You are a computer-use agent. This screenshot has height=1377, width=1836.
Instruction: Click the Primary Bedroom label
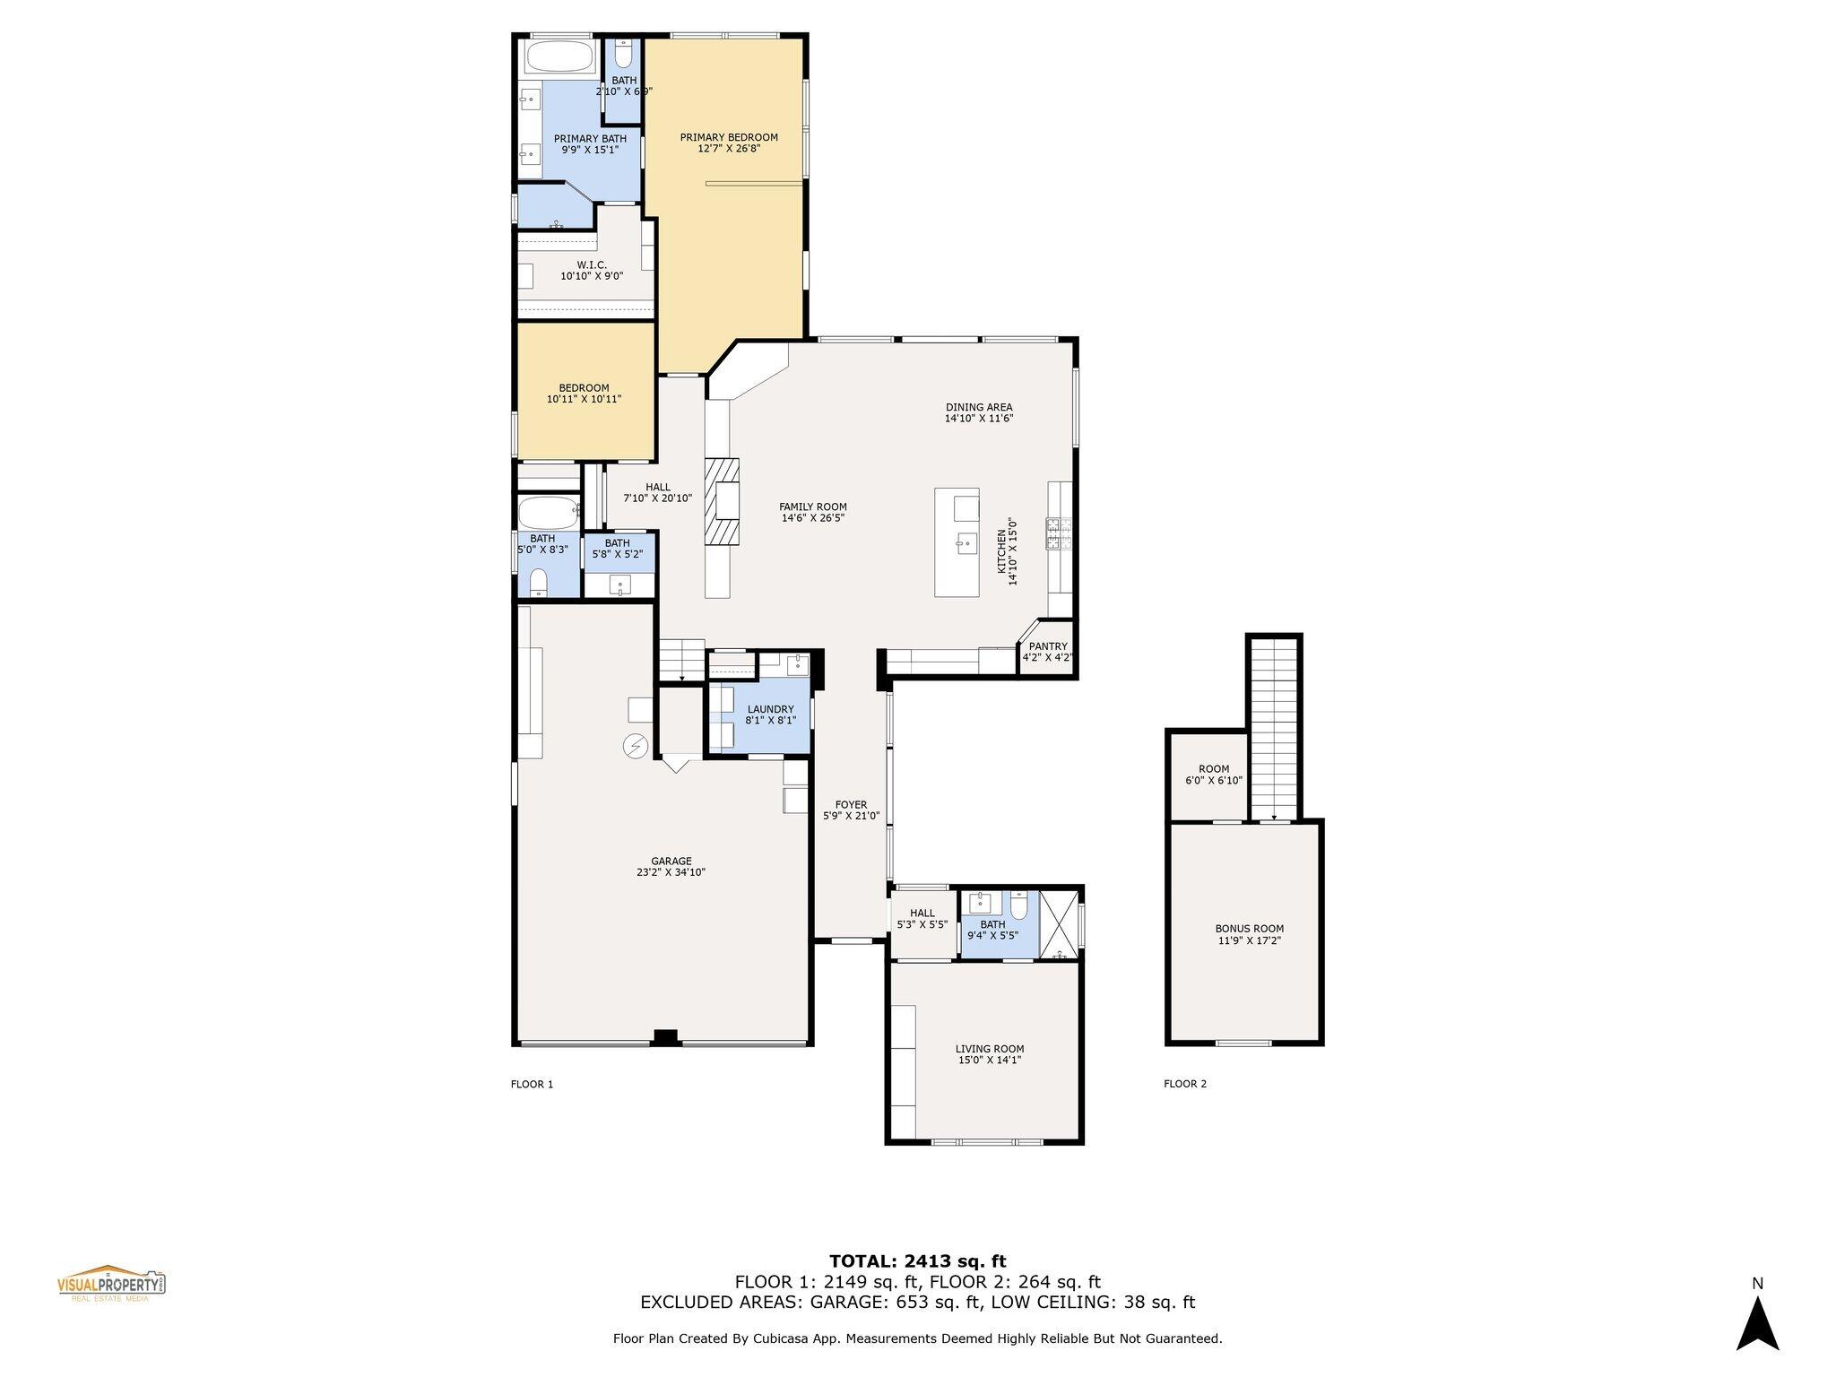tap(728, 138)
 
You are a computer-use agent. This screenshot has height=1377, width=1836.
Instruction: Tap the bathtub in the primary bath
tap(560, 58)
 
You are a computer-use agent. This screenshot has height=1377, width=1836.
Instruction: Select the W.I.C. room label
tap(592, 265)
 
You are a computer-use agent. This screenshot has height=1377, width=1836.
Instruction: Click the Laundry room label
tap(770, 709)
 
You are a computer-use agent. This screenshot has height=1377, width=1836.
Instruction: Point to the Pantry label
tap(1048, 646)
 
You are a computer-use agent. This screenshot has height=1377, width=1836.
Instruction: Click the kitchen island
tap(957, 541)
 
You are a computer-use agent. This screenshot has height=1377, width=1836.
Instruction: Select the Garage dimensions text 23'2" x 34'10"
tap(671, 872)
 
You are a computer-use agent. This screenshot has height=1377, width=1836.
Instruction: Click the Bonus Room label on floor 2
tap(1249, 929)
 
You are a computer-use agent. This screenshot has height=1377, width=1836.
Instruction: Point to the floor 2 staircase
tap(1274, 726)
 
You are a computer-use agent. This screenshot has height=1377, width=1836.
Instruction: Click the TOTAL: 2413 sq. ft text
tap(917, 1261)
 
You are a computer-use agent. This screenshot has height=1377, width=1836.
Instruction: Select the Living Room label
tap(989, 1049)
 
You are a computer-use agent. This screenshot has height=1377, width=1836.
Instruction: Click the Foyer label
tap(851, 805)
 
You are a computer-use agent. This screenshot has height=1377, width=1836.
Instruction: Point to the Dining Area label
tap(978, 407)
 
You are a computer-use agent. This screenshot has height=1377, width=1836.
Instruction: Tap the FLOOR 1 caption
tap(532, 1084)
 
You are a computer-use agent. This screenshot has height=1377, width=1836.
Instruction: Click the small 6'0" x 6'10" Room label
tap(1214, 769)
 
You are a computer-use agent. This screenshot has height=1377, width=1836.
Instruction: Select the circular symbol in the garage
tap(636, 746)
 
